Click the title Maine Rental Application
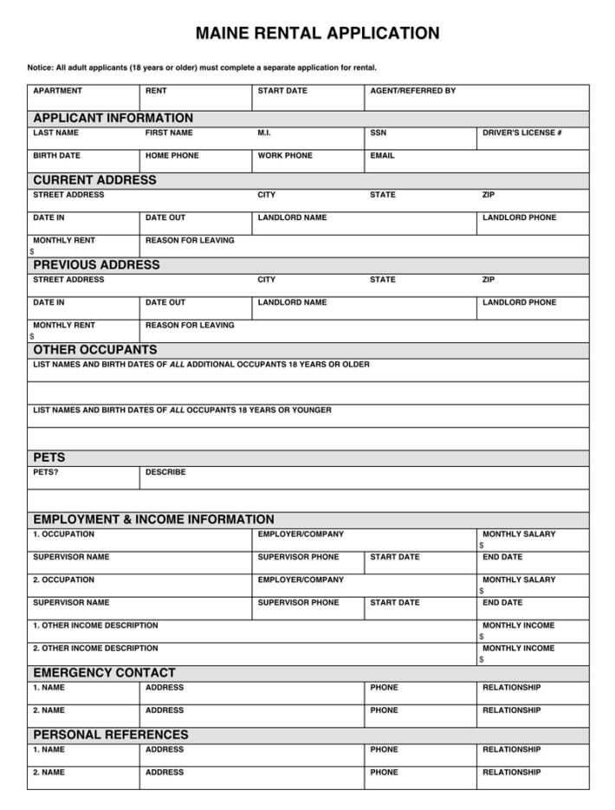click(317, 34)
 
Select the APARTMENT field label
click(57, 91)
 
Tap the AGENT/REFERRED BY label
click(412, 91)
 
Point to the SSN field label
click(378, 133)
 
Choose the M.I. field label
click(264, 133)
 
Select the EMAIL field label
click(382, 156)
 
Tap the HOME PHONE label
click(172, 156)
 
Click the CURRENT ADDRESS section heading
click(94, 180)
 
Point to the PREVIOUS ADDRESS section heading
click(96, 265)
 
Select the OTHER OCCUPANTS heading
click(95, 350)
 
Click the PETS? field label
click(46, 473)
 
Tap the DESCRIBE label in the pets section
click(165, 473)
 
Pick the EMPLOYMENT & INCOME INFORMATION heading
click(153, 520)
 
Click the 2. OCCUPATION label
click(63, 580)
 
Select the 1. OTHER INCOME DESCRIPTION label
click(95, 625)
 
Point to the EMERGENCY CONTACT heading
click(104, 672)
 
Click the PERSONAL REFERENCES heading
click(110, 735)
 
